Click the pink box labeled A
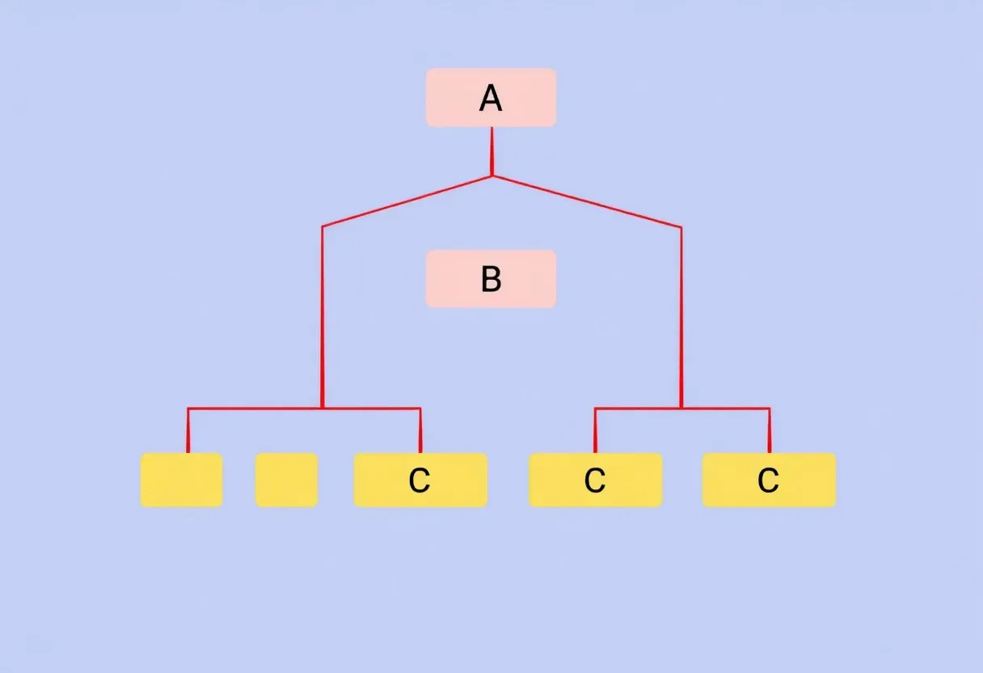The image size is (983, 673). tap(491, 97)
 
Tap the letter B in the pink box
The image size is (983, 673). tap(491, 279)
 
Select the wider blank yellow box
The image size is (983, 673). tap(181, 480)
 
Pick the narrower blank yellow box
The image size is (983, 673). tap(286, 480)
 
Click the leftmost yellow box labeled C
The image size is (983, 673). tap(420, 480)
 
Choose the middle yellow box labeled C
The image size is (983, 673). tap(596, 480)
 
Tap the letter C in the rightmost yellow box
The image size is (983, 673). tap(769, 480)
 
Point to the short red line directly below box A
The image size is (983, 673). tap(492, 151)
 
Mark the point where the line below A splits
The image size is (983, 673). tap(492, 176)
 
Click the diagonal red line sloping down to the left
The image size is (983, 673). tap(407, 201)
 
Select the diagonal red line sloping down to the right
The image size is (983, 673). tap(587, 201)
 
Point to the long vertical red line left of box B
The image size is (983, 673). tap(323, 317)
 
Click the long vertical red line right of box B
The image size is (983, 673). tap(681, 317)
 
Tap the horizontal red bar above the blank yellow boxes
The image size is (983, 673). tap(304, 408)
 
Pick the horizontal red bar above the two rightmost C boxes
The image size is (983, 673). tap(682, 408)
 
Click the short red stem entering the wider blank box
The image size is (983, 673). tap(188, 430)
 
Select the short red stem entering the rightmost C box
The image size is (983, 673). tap(770, 430)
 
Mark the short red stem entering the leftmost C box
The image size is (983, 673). tap(420, 430)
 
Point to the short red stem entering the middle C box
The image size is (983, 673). tap(595, 430)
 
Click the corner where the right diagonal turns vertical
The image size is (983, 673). tap(681, 227)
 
